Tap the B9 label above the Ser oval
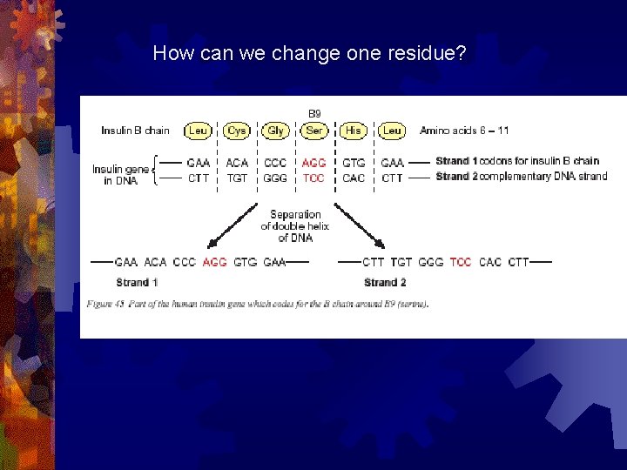[x=314, y=113]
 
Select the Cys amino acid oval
[x=236, y=131]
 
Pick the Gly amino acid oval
[x=275, y=131]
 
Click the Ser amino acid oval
[x=314, y=131]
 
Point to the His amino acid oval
[x=354, y=131]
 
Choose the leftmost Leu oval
[x=198, y=131]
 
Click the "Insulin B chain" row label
[x=135, y=131]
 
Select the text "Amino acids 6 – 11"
[x=464, y=131]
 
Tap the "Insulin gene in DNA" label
[x=120, y=174]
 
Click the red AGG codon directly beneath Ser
[x=313, y=163]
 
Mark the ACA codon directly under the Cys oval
[x=237, y=163]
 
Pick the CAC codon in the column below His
[x=354, y=178]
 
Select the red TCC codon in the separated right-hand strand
[x=461, y=261]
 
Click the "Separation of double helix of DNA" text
[x=295, y=225]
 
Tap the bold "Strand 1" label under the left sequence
[x=137, y=282]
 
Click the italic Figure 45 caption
[x=257, y=304]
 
